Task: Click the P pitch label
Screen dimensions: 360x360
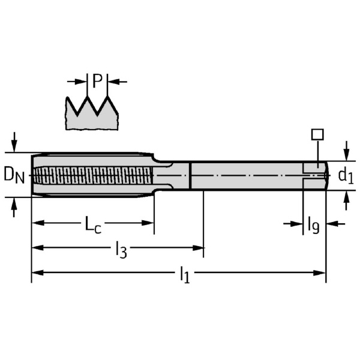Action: click(97, 81)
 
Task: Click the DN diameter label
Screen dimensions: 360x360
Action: click(14, 175)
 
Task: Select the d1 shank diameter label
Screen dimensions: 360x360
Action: click(346, 176)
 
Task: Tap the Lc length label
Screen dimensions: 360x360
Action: click(93, 224)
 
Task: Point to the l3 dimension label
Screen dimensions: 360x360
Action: click(121, 250)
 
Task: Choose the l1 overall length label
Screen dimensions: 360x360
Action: click(185, 275)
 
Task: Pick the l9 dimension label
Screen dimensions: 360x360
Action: click(313, 225)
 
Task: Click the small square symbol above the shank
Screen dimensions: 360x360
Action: click(317, 134)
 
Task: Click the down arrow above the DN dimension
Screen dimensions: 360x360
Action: click(14, 145)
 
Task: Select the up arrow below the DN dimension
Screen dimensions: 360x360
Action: click(14, 204)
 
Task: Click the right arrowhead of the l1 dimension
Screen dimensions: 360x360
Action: click(320, 273)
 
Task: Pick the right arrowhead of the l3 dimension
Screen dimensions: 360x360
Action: click(198, 248)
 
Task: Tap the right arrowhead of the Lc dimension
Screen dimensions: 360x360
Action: click(148, 223)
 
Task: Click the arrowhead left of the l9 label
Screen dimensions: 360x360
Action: click(296, 224)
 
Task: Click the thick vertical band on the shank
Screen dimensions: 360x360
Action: click(190, 176)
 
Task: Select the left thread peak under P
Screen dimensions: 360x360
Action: click(87, 97)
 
